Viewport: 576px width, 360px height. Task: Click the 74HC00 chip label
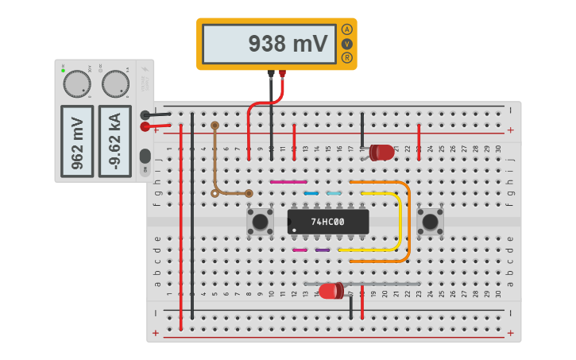328,222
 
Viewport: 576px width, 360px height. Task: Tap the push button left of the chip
260,222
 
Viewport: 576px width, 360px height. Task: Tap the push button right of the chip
430,222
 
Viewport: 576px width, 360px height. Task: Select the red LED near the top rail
381,151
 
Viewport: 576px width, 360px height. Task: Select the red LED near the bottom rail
331,291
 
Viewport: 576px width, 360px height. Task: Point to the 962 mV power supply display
77,141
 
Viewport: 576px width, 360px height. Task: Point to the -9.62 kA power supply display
115,141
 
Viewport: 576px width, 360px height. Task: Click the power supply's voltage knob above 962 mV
77,83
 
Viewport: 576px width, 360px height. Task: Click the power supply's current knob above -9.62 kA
115,83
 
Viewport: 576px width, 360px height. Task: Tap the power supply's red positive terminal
145,126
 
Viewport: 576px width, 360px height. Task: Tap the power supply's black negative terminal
145,115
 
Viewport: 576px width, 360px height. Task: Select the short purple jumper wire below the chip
323,250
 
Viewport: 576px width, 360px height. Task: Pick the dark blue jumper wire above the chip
311,193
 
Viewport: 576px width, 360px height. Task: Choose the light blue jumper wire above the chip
334,193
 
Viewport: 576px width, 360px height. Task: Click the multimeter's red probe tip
282,75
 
